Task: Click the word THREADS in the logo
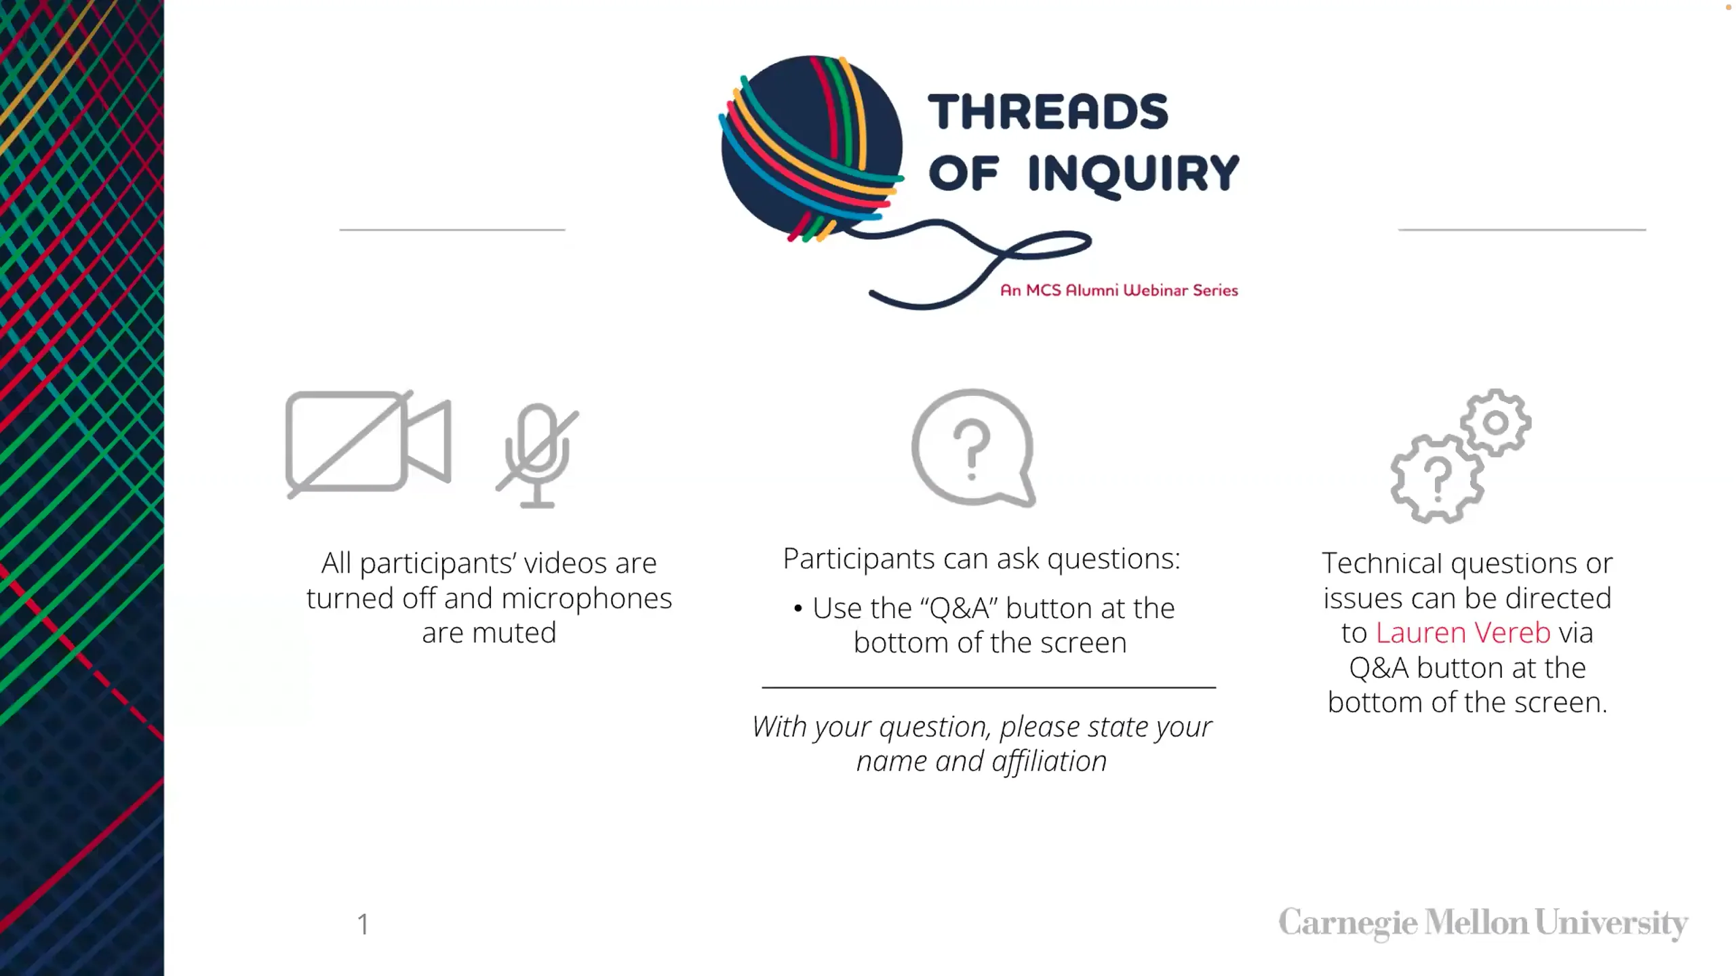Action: coord(1048,112)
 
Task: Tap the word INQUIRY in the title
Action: coord(1133,174)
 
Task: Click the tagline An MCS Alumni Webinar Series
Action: coord(1119,291)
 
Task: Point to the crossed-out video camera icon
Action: coord(368,442)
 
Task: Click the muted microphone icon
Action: coord(538,455)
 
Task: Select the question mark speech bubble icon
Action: coord(973,447)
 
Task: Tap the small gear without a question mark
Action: coord(1495,422)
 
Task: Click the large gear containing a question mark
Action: coord(1436,478)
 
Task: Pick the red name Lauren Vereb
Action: coord(1463,632)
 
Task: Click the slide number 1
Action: coord(363,924)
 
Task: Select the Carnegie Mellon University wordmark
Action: coord(1483,924)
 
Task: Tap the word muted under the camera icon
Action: coord(514,633)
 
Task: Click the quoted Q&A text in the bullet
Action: coord(960,608)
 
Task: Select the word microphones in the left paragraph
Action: coord(587,598)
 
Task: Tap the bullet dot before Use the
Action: coord(798,608)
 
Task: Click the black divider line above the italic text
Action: coord(989,687)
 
